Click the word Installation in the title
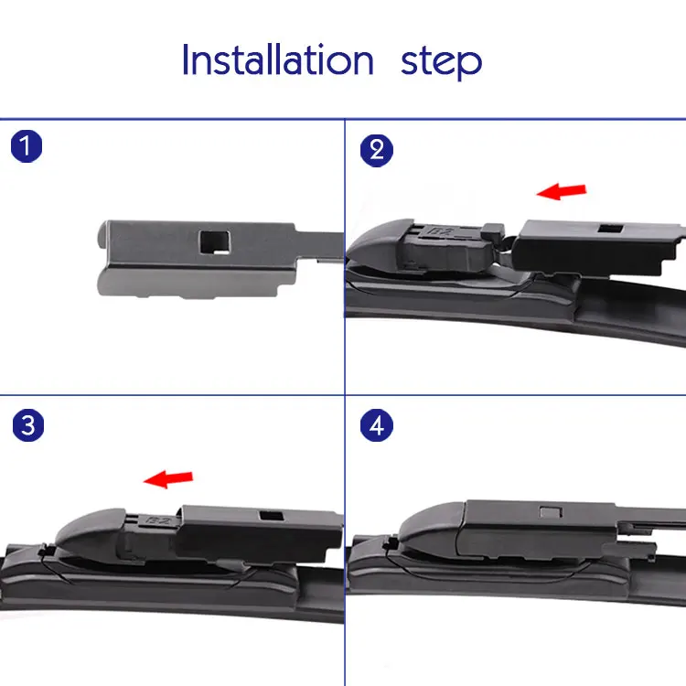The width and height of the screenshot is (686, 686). [x=278, y=59]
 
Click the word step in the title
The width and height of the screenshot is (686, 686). [x=441, y=62]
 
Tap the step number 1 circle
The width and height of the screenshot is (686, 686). [x=27, y=146]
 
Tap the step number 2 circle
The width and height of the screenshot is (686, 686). [x=377, y=151]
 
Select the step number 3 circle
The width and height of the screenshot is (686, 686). [x=28, y=425]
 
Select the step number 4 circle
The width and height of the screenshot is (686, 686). [x=377, y=425]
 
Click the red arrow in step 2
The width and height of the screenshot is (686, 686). [x=562, y=191]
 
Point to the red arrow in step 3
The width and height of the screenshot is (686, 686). [x=168, y=478]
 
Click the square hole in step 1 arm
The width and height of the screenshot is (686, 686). [x=214, y=242]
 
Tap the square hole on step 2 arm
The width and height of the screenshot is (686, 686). [x=611, y=229]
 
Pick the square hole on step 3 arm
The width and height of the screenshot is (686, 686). [x=272, y=515]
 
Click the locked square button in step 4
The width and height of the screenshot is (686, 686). [x=551, y=512]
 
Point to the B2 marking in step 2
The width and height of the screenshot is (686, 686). [x=441, y=231]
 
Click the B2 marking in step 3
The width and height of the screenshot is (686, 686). [x=158, y=520]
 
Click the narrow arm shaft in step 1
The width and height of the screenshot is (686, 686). [x=319, y=246]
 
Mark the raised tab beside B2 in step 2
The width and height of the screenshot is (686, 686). [x=493, y=233]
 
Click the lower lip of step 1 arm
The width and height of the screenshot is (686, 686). [x=188, y=283]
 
